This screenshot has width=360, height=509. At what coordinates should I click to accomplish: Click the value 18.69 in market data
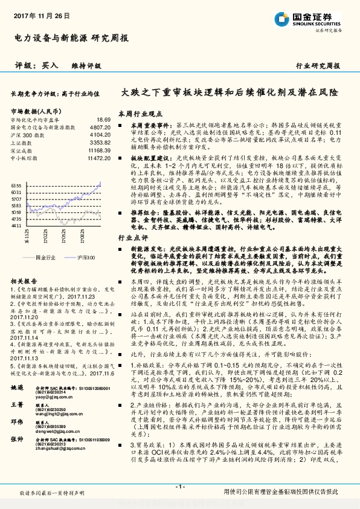pyautogui.click(x=104, y=120)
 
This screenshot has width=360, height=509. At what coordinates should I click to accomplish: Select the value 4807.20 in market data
pyautogui.click(x=101, y=128)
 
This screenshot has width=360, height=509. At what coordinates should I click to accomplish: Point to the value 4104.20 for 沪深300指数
pyautogui.click(x=101, y=135)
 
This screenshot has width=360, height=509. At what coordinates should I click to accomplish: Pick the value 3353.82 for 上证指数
pyautogui.click(x=101, y=142)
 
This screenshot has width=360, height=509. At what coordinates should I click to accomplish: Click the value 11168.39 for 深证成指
pyautogui.click(x=100, y=149)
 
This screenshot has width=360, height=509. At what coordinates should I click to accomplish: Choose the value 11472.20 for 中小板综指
pyautogui.click(x=100, y=157)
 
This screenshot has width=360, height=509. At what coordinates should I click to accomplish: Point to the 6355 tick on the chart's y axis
pyautogui.click(x=16, y=186)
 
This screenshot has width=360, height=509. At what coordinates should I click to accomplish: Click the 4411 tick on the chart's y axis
pyautogui.click(x=16, y=225)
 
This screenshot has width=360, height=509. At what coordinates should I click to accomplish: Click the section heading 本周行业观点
pyautogui.click(x=137, y=113)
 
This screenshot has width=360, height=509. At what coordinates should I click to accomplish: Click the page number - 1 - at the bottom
pyautogui.click(x=180, y=487)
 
